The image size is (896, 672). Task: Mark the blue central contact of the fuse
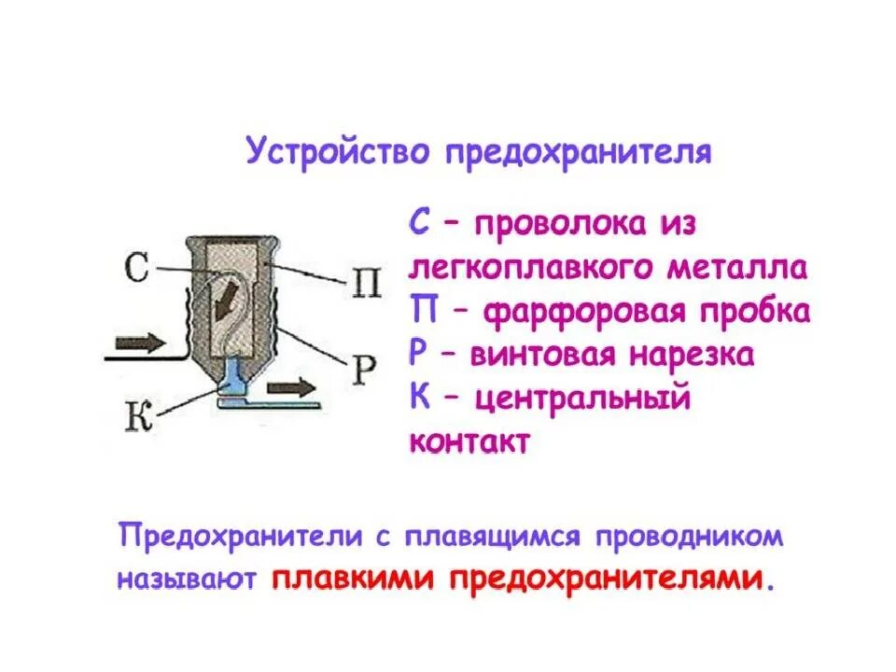pyautogui.click(x=232, y=379)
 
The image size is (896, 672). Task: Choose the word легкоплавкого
pyautogui.click(x=525, y=268)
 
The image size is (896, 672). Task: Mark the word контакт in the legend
pyautogui.click(x=469, y=441)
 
